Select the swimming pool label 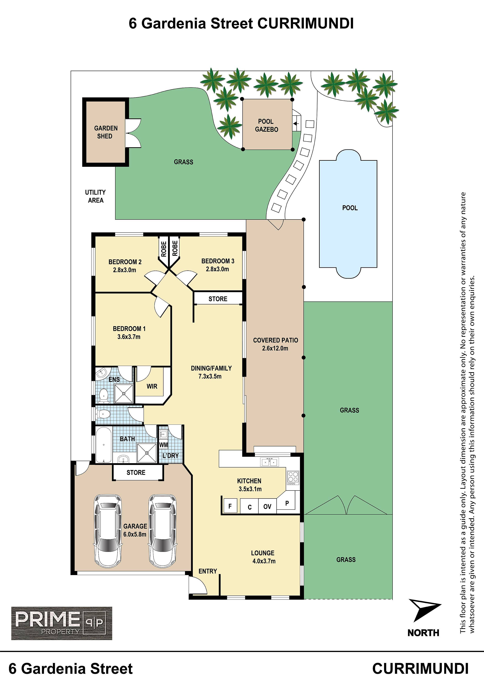coord(350,208)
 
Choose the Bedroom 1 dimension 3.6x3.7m coord(129,337)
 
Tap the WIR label coord(152,386)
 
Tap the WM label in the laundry coord(163,445)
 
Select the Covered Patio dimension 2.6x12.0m coord(275,348)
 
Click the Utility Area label coord(95,196)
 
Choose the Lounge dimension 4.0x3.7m coord(264,561)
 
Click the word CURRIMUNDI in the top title coord(305,24)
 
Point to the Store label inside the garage coord(136,473)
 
